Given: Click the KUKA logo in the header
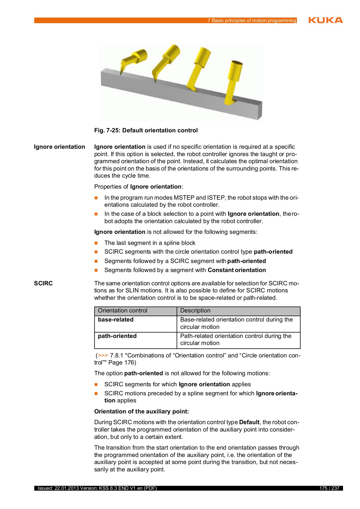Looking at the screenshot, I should coord(325,20).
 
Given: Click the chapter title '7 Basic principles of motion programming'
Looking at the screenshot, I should coord(252,20).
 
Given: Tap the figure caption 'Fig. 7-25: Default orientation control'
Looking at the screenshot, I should coord(146,130).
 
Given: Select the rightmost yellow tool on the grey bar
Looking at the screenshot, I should coord(233,82).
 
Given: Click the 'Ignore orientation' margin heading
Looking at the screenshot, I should coord(59,147).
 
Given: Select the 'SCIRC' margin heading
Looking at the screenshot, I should coord(43,283).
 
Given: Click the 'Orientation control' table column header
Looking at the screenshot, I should coord(123,310).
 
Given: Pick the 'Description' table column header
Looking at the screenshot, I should coord(195,310).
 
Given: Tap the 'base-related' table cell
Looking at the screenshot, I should coord(116,320).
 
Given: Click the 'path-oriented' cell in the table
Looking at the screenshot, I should coord(117,336).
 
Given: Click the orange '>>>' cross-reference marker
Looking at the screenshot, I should coord(103,355).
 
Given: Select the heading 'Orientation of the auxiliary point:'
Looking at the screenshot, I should coord(142,411).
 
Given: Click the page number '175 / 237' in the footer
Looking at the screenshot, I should coord(329,488).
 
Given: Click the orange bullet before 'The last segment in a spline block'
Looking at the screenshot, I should coord(96,243).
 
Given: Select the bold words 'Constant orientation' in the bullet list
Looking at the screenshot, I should coord(237,270).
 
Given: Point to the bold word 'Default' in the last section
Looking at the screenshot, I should coord(249,422).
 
